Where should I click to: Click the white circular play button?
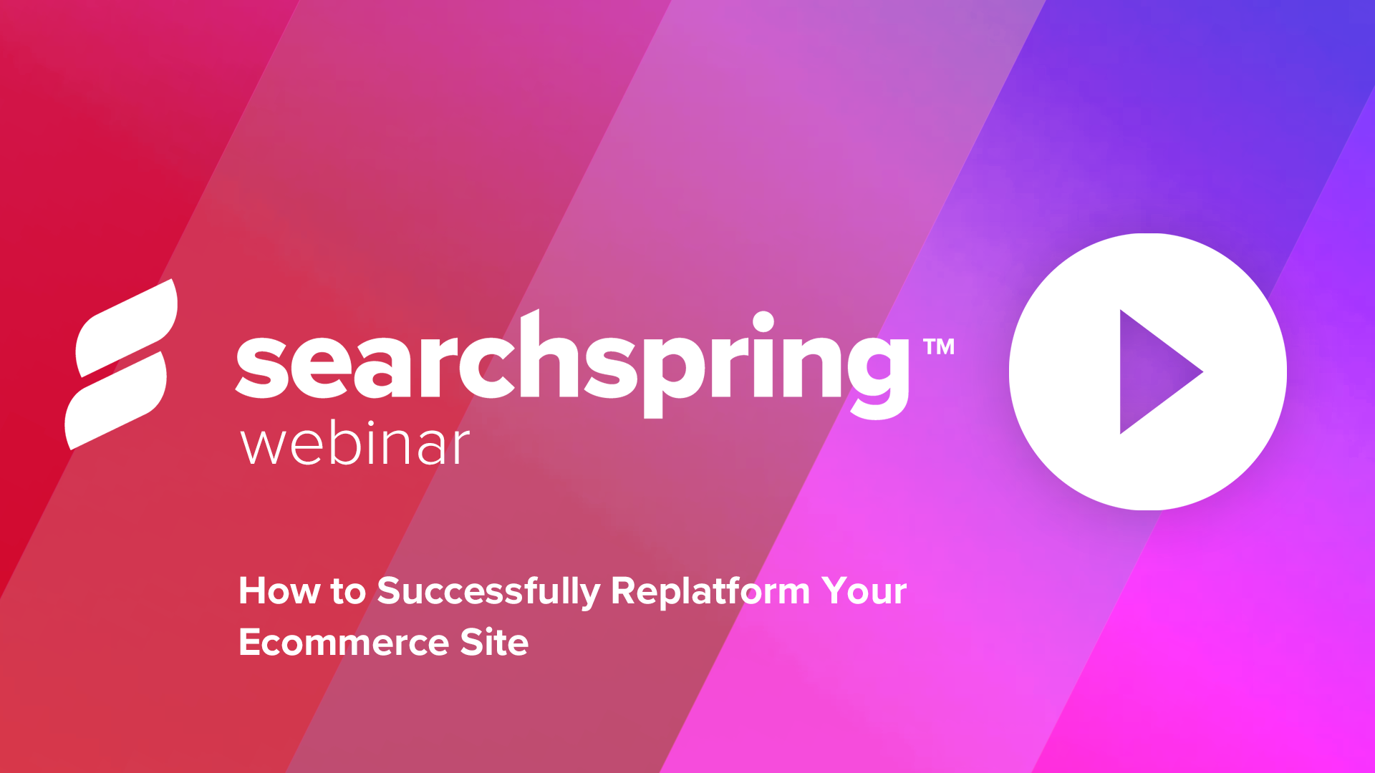pyautogui.click(x=1148, y=371)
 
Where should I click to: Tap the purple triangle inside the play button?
pyautogui.click(x=1153, y=371)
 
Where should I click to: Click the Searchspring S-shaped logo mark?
pyautogui.click(x=121, y=364)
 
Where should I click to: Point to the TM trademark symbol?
pyautogui.click(x=939, y=347)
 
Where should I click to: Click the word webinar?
pyautogui.click(x=355, y=444)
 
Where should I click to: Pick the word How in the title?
pyautogui.click(x=279, y=591)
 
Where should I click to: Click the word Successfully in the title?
pyautogui.click(x=488, y=593)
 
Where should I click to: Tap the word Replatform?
pyautogui.click(x=710, y=591)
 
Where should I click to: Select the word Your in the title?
pyautogui.click(x=864, y=591)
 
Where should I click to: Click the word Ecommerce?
pyautogui.click(x=344, y=643)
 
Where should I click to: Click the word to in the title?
pyautogui.click(x=348, y=593)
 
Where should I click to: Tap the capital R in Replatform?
pyautogui.click(x=624, y=591)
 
